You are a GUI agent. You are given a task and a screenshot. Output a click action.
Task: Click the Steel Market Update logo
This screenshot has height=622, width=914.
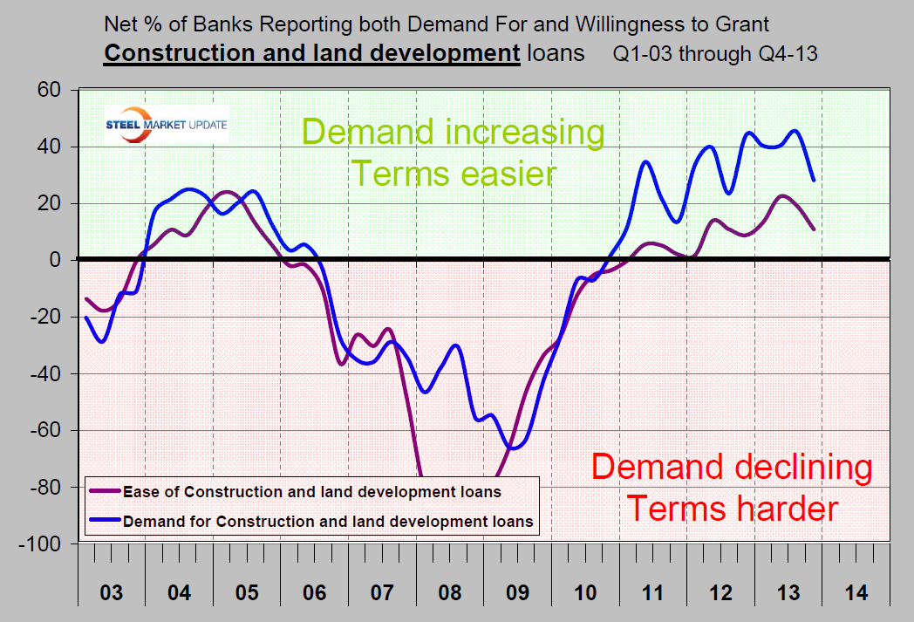[166, 124]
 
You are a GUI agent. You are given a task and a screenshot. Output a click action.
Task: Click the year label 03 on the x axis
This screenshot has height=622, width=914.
[112, 593]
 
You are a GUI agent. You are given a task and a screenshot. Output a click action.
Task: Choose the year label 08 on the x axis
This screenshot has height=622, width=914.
[450, 593]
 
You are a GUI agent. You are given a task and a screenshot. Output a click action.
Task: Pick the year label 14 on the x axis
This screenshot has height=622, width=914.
[856, 593]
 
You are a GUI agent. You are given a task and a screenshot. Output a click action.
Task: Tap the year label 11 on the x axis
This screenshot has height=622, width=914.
[653, 593]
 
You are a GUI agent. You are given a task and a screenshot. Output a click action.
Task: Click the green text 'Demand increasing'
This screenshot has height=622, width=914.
[453, 133]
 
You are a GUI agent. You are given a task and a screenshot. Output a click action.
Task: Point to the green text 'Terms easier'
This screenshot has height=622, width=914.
[453, 173]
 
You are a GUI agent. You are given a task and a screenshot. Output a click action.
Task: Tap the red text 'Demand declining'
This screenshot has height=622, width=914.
[731, 468]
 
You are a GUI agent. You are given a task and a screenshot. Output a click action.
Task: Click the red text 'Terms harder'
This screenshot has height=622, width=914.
[733, 507]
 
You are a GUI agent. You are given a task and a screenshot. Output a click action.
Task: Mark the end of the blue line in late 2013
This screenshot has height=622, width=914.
[814, 180]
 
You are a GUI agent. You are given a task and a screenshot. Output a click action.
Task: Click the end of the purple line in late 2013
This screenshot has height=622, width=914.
[814, 229]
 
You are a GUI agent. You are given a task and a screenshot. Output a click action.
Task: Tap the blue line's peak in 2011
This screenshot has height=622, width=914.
[646, 161]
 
